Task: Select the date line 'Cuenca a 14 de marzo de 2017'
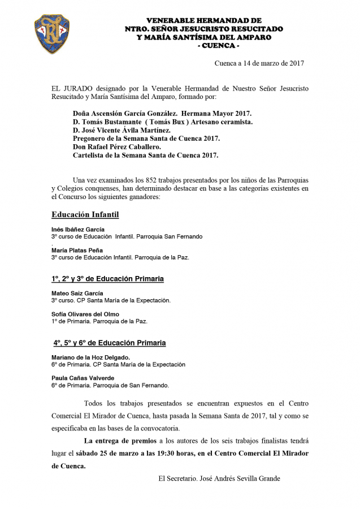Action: pos(259,63)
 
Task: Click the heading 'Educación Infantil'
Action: pos(85,215)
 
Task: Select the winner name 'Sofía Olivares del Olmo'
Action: pos(85,314)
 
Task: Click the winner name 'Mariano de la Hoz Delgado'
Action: pos(90,357)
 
